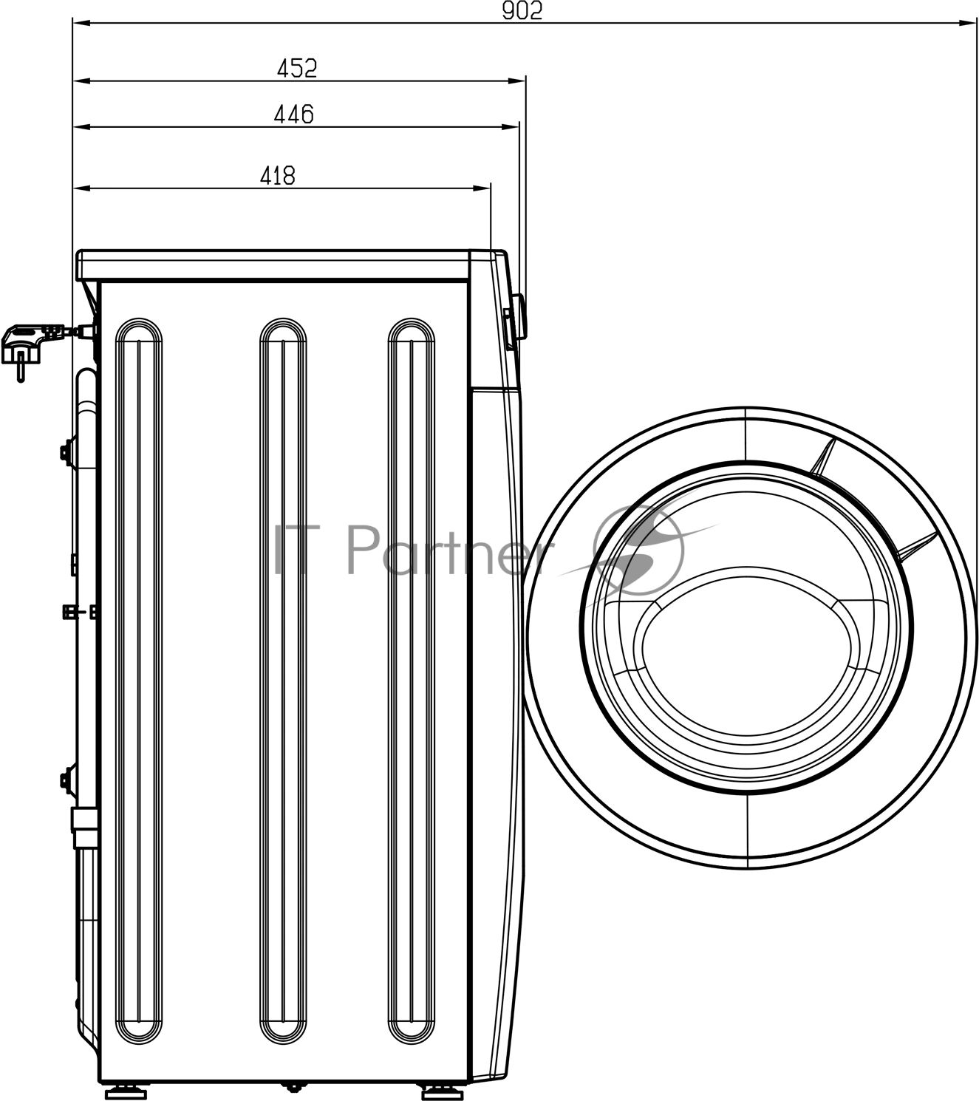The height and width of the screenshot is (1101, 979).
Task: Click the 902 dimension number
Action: click(x=522, y=10)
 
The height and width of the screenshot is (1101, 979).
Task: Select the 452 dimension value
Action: click(x=297, y=69)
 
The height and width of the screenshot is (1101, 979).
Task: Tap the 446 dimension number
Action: click(x=293, y=114)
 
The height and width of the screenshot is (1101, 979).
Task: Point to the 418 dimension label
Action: click(x=277, y=176)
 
